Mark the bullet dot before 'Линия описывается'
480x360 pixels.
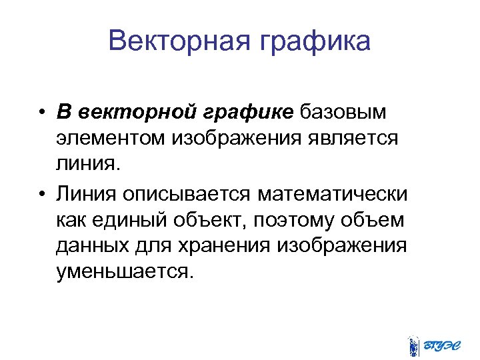(42, 193)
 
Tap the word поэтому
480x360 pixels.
(303, 219)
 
